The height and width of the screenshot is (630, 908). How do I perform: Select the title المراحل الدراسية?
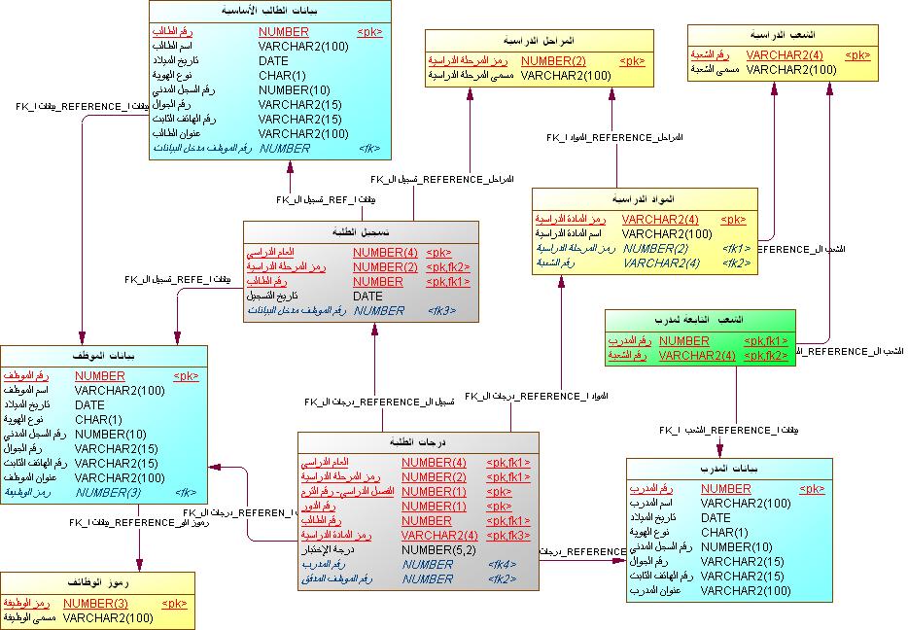[x=539, y=41]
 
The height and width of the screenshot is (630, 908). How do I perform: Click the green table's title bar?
[x=700, y=320]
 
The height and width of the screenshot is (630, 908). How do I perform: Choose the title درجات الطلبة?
[x=417, y=442]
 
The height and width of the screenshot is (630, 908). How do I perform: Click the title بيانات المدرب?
[x=729, y=470]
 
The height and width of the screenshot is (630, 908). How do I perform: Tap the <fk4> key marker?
[x=502, y=564]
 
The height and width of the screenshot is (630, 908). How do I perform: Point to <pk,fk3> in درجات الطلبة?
[x=507, y=535]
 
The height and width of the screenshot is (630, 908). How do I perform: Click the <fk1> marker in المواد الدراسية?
[x=736, y=248]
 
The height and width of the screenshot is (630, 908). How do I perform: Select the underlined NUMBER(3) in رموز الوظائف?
[x=95, y=603]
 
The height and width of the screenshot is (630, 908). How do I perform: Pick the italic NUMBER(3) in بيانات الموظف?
[x=108, y=492]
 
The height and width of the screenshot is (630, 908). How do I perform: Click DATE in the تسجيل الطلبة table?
[x=367, y=296]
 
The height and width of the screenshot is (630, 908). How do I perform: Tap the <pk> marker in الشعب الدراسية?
[x=857, y=55]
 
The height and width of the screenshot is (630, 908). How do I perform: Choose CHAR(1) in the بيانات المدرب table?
[x=724, y=532]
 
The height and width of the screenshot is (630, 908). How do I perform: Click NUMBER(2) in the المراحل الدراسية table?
[x=553, y=60]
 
